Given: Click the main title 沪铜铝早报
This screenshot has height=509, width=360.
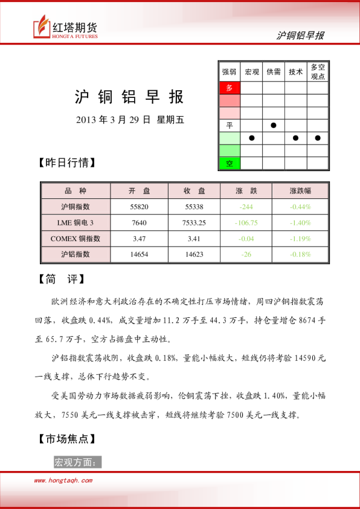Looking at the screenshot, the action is tap(129, 97).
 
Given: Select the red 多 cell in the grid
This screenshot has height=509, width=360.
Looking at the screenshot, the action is tap(229, 88).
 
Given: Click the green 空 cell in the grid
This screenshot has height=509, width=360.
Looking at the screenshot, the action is tap(229, 163).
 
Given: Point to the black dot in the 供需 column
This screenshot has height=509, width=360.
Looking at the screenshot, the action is tap(274, 126).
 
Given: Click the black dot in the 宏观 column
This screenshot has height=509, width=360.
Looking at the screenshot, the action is tap(251, 138).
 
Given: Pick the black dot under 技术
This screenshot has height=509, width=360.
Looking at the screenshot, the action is tap(295, 138).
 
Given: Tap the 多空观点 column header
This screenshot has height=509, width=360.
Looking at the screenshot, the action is tap(318, 72).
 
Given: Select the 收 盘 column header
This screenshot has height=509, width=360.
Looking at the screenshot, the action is tap(194, 191).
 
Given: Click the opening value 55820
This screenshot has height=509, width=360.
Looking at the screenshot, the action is tap(139, 207).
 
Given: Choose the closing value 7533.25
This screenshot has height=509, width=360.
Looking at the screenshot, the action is tap(194, 222).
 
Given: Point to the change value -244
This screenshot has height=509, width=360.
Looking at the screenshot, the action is tap(246, 207).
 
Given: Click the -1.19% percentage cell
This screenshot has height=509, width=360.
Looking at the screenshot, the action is tap(300, 238).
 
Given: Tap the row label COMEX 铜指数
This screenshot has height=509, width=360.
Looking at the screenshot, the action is tap(76, 238).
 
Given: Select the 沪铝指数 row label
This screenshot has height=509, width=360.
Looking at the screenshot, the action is tap(76, 254).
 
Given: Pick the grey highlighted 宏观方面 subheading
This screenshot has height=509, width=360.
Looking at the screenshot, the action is tap(77, 462).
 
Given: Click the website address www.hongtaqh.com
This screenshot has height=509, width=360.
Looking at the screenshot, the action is tap(63, 481).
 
